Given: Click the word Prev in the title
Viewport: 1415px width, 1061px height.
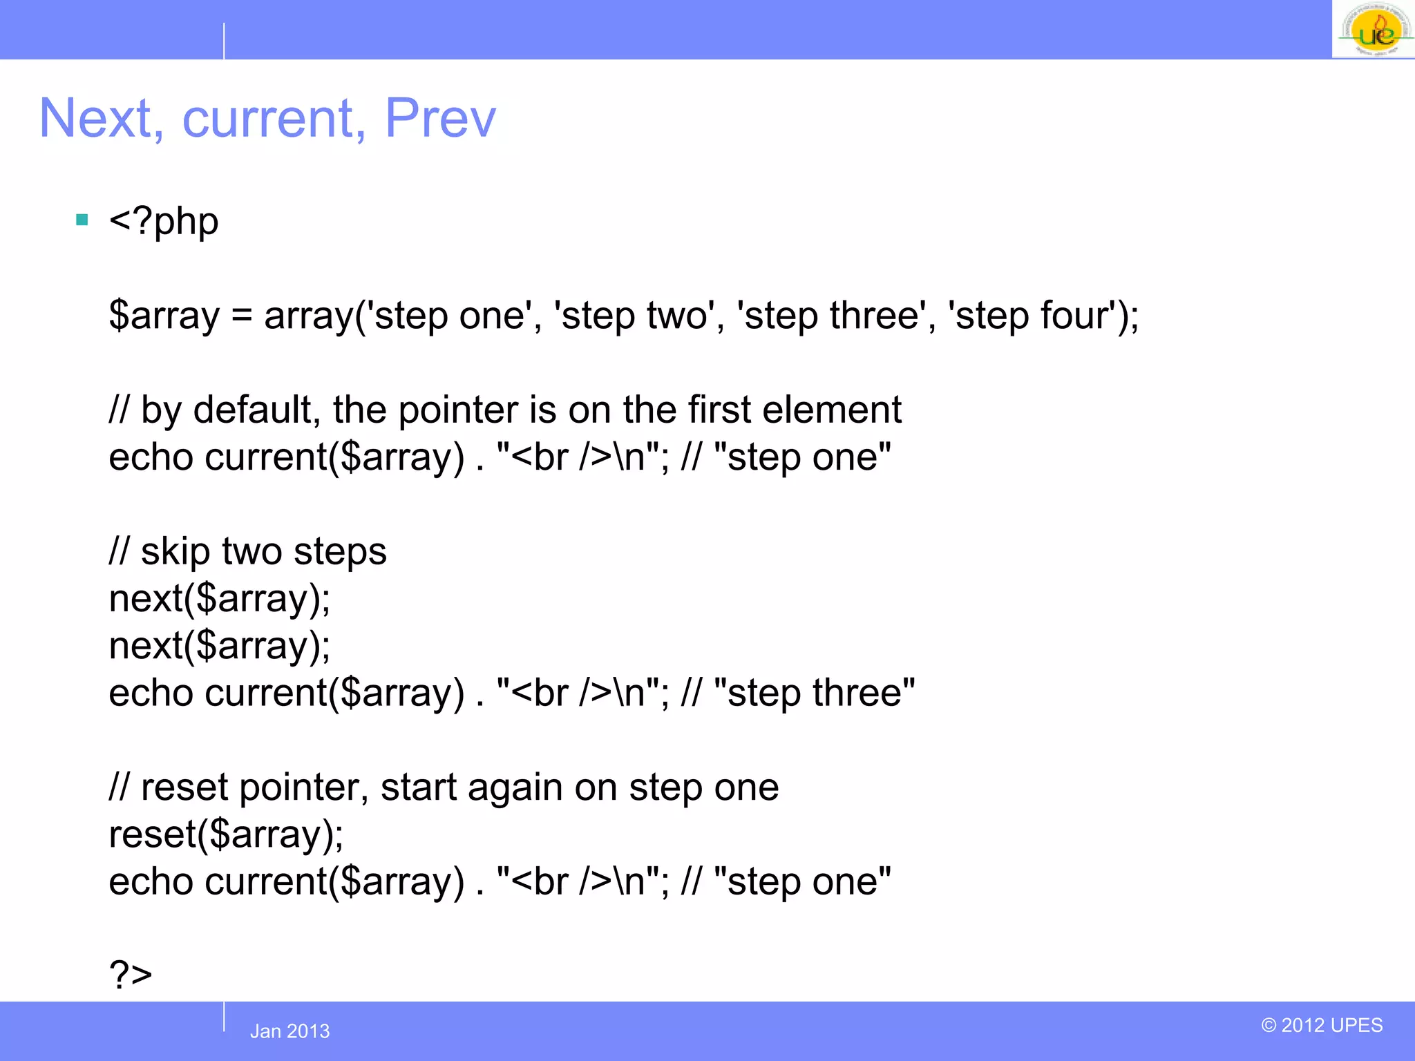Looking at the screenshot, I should click(x=440, y=118).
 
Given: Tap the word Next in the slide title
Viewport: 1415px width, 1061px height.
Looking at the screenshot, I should click(x=96, y=118).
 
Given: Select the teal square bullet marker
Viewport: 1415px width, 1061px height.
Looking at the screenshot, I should click(x=82, y=220).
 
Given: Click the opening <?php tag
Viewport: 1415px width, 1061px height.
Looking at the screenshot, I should click(x=164, y=222).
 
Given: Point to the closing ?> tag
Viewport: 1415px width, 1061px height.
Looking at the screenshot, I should click(x=130, y=975).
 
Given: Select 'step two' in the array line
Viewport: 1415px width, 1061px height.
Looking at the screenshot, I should click(x=634, y=316).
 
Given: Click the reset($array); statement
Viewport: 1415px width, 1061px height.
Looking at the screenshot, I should click(x=226, y=834).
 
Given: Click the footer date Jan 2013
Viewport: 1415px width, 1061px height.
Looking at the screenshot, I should click(x=289, y=1031).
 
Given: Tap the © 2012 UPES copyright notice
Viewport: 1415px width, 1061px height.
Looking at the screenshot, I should click(x=1322, y=1025).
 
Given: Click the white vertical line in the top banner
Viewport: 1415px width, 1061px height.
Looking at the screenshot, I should click(x=224, y=41).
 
